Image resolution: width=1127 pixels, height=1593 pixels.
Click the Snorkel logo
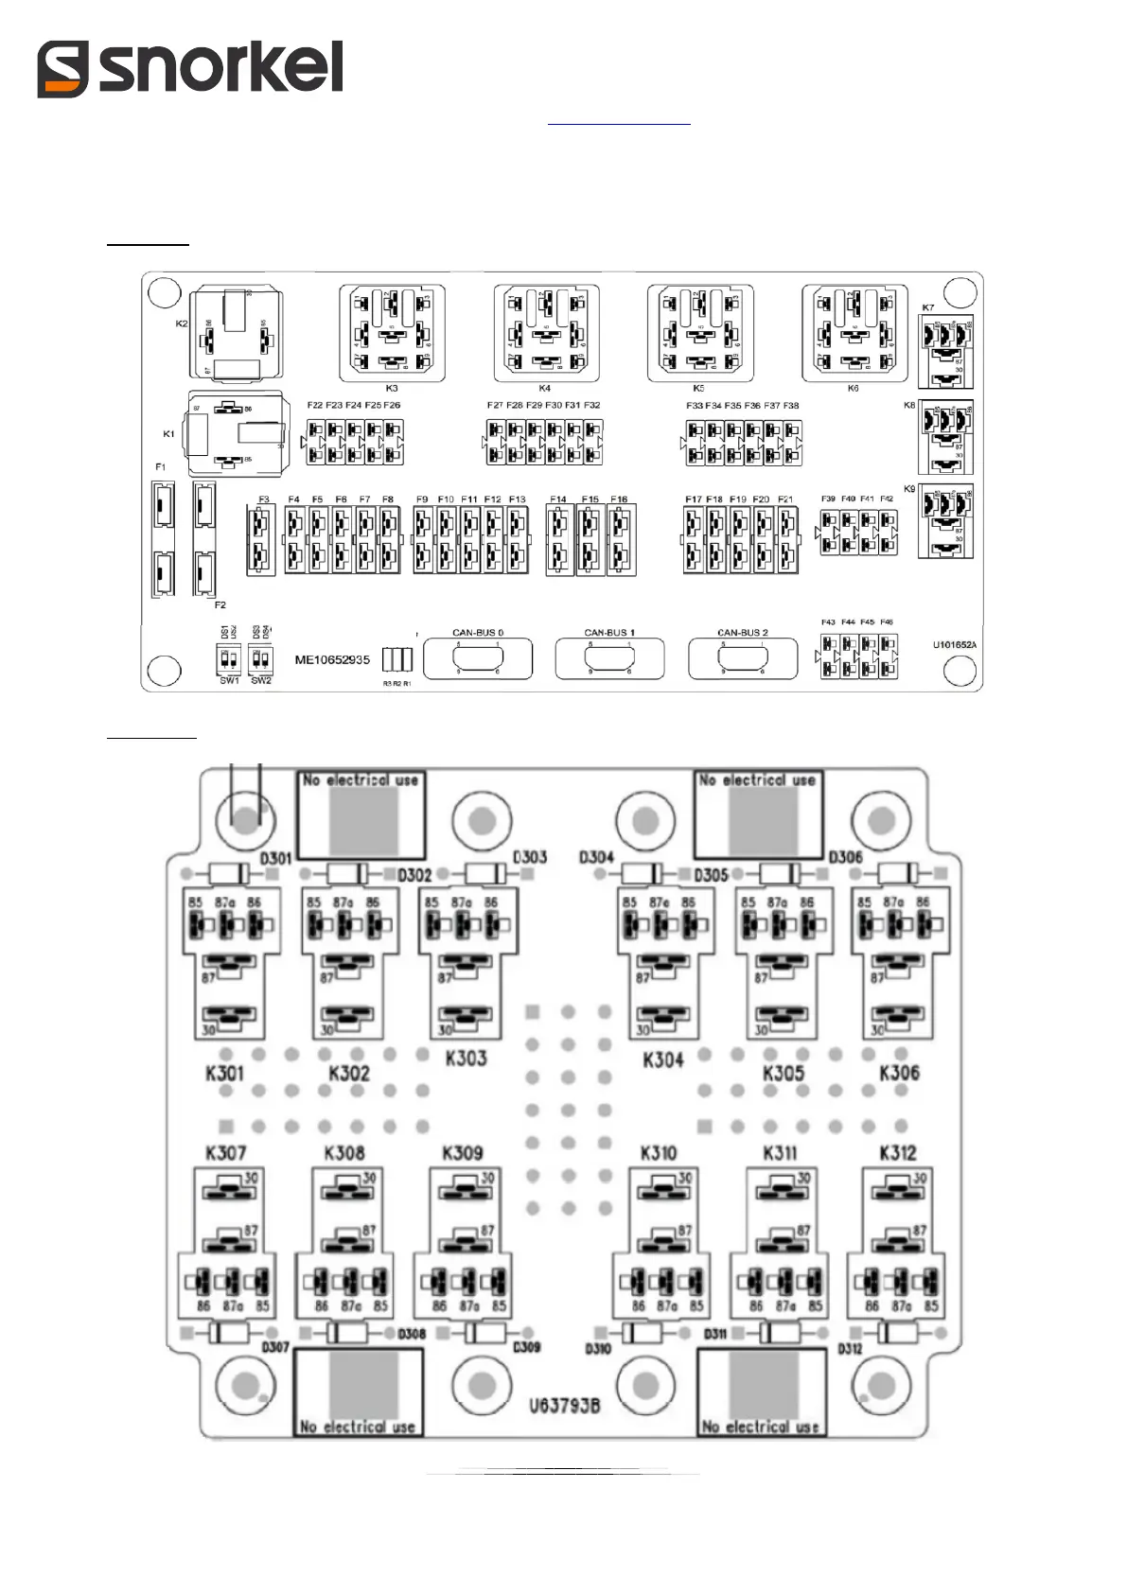point(189,68)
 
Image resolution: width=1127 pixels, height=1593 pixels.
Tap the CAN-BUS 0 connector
point(478,658)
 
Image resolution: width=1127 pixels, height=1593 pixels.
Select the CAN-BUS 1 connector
point(609,658)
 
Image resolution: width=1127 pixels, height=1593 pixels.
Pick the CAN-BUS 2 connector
point(743,658)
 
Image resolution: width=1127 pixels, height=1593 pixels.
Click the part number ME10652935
point(332,659)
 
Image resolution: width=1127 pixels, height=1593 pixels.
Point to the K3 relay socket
point(392,334)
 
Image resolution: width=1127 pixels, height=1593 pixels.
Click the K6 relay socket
point(854,334)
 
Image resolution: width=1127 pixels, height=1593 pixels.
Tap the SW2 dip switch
point(260,658)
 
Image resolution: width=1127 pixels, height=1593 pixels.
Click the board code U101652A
point(954,645)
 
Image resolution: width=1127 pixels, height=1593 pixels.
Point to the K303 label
point(466,1058)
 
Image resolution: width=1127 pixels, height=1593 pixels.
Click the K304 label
point(662,1059)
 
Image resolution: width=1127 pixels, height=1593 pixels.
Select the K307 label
point(225,1152)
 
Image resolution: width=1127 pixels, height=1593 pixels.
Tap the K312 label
point(897,1152)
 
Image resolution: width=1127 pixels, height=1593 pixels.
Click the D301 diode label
point(275,857)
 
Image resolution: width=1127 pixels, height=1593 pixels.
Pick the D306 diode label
point(845,857)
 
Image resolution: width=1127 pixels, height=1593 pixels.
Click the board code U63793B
point(564,1406)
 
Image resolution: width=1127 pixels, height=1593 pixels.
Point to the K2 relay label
point(182,324)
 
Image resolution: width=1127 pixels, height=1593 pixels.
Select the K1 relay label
point(168,434)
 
